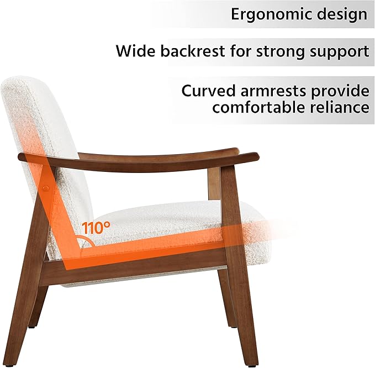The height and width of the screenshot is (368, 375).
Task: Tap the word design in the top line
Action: point(340,14)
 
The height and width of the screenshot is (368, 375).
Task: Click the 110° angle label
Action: point(97,227)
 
